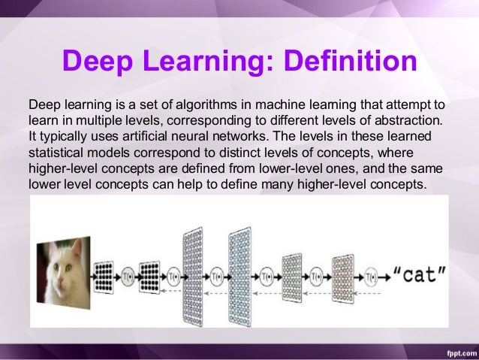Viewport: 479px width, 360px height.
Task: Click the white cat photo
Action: [64, 269]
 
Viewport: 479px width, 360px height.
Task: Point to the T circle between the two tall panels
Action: [217, 274]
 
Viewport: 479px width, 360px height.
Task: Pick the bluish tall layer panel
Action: [239, 274]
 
